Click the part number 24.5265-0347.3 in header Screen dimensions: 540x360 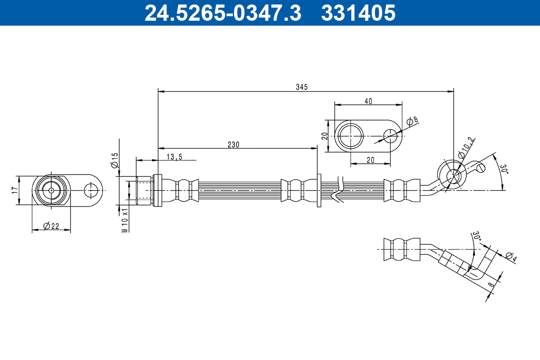(x=223, y=13)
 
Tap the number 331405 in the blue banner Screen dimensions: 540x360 (x=358, y=13)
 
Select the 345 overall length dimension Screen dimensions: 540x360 (x=302, y=87)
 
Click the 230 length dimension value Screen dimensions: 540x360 (x=234, y=145)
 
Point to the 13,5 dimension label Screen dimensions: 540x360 (x=175, y=157)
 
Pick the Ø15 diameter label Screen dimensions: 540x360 (x=114, y=160)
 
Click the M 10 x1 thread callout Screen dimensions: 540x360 (x=125, y=220)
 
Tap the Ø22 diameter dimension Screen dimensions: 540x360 (x=51, y=226)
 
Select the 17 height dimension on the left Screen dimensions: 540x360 (x=15, y=190)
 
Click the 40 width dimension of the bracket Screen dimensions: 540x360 (x=368, y=101)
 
